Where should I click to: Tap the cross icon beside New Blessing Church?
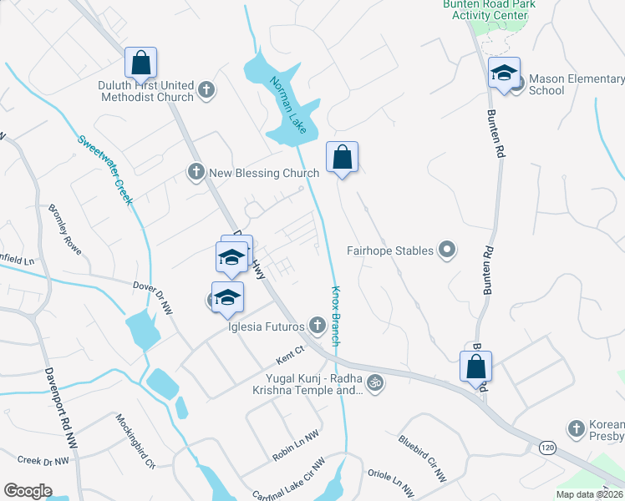click(196, 173)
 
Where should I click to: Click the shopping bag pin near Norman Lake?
click(342, 157)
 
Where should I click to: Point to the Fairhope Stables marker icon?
click(447, 250)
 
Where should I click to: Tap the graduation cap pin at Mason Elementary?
click(504, 73)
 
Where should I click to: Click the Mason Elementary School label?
click(576, 84)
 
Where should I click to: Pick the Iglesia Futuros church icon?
click(317, 325)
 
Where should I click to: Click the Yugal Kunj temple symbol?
click(375, 382)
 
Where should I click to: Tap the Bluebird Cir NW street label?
click(422, 458)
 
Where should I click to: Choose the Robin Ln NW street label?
click(295, 448)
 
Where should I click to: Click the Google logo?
click(28, 491)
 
